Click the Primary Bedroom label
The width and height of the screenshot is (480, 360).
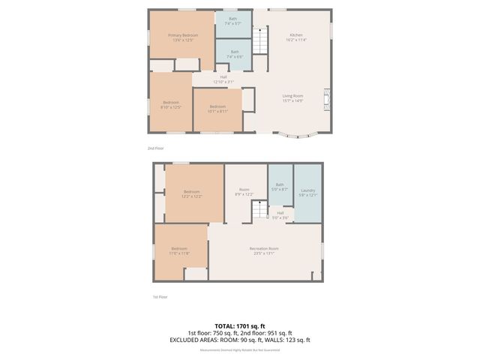click(x=181, y=37)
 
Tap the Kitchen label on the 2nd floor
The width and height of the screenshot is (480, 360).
click(x=295, y=37)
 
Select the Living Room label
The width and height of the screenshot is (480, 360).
click(x=292, y=97)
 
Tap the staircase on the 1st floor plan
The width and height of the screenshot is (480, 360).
click(x=259, y=212)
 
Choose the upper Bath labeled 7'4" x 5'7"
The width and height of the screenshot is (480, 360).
click(x=235, y=21)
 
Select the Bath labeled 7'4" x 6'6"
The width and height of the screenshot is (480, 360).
click(x=235, y=54)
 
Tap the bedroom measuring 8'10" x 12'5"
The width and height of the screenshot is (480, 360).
click(x=171, y=104)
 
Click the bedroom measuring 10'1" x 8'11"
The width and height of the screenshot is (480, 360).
click(x=217, y=109)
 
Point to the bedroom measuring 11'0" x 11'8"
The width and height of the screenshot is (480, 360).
click(x=179, y=250)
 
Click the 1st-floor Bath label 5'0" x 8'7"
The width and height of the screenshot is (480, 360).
click(x=280, y=187)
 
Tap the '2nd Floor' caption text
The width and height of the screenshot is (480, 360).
click(x=156, y=148)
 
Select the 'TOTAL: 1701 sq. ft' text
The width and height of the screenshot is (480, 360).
click(x=240, y=325)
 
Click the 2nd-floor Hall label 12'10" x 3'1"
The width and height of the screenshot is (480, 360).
click(x=223, y=79)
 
